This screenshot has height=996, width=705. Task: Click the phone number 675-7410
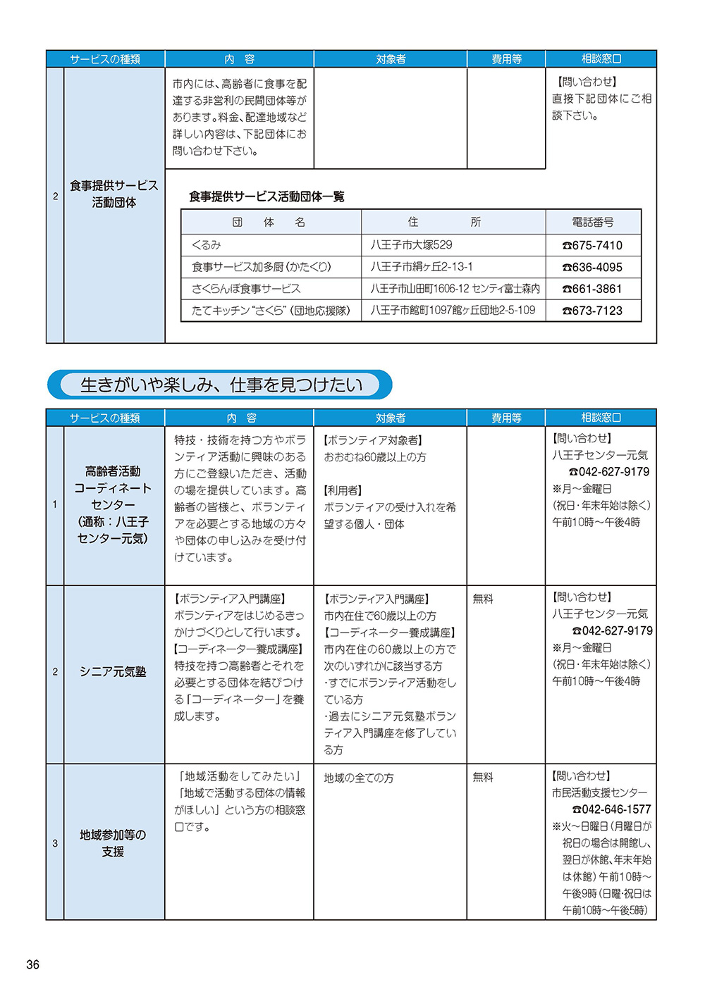click(592, 245)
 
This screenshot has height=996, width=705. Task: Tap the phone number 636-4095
click(592, 267)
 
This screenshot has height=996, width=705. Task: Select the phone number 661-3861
click(592, 289)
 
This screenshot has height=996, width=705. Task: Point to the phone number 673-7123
click(592, 311)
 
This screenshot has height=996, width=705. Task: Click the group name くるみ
click(206, 245)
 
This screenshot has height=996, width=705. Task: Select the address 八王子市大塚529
click(411, 245)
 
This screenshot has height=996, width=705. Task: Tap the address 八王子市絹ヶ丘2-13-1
click(422, 267)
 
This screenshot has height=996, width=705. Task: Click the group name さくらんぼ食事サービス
click(246, 289)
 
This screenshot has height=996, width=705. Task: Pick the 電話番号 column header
click(593, 222)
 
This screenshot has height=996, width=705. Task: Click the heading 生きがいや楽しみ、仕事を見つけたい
click(221, 385)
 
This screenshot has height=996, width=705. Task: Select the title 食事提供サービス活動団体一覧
click(266, 197)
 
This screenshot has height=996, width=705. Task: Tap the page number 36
click(32, 964)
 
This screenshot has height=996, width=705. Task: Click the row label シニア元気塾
click(113, 672)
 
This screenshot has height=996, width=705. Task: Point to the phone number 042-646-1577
click(611, 809)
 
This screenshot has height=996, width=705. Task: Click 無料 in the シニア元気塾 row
click(483, 599)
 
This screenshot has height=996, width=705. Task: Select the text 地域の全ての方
click(359, 778)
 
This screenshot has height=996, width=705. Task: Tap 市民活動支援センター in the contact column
click(599, 792)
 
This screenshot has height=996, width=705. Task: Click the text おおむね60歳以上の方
click(375, 457)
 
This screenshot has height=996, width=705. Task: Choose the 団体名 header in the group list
click(269, 222)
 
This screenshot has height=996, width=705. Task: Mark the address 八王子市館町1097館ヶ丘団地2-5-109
click(453, 311)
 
